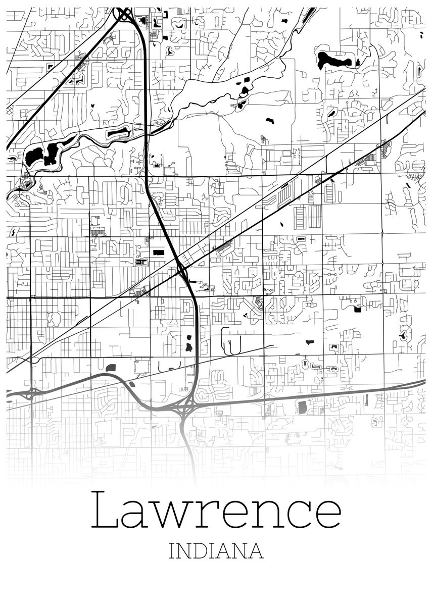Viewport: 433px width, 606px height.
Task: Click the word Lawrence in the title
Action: coord(216,511)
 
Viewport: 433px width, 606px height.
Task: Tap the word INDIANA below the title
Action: coord(216,550)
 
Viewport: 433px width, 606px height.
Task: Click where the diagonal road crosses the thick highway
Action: coord(180,268)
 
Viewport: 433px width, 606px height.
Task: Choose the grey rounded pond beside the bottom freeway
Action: coord(303,407)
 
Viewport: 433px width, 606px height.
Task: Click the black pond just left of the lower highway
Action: coord(189,345)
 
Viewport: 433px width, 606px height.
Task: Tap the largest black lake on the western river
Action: coord(33,156)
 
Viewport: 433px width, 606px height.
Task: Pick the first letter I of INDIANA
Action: coord(172,551)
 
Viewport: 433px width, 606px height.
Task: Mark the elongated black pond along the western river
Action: coord(118,133)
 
